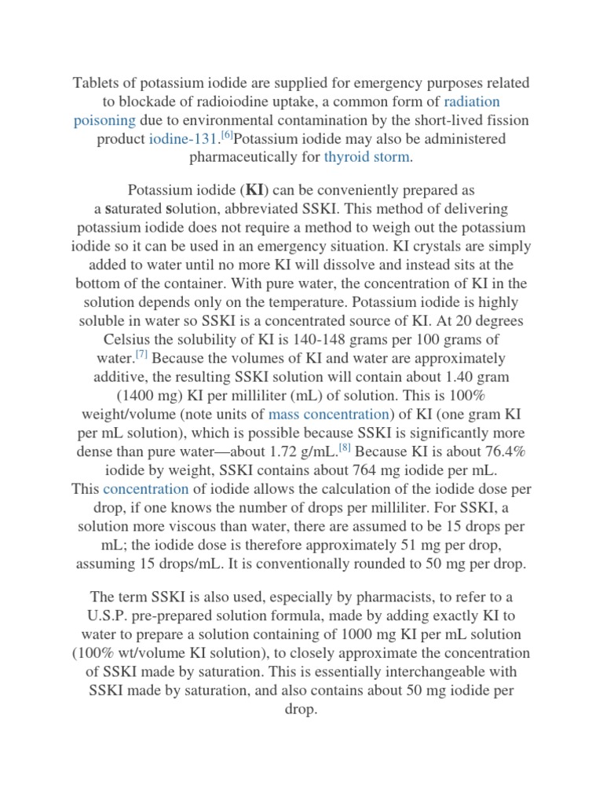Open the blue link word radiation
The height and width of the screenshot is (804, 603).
click(472, 101)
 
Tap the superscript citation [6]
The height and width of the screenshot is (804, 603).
click(226, 135)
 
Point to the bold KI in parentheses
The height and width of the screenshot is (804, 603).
click(256, 191)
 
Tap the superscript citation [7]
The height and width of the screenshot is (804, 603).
click(141, 353)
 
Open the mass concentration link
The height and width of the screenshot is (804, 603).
click(329, 414)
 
